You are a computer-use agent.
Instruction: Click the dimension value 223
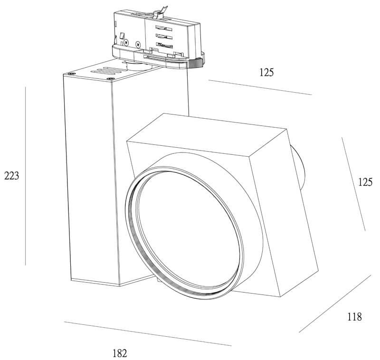point(11,176)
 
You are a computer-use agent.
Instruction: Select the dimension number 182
point(120,353)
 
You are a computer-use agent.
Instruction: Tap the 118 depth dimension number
point(354,317)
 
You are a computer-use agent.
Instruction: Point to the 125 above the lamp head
point(266,73)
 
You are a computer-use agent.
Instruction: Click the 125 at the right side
point(365,182)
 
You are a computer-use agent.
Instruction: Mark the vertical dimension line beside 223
point(25,176)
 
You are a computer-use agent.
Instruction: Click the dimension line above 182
point(148,334)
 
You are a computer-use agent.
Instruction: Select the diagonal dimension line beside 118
point(335,303)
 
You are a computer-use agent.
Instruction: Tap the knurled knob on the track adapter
point(196,64)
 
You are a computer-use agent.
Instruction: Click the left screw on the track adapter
point(126,43)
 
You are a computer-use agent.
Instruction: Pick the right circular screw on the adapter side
point(138,45)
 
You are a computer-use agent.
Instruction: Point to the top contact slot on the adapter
point(164,28)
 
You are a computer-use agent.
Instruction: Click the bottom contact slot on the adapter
point(164,45)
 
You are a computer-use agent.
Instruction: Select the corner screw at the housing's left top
point(71,74)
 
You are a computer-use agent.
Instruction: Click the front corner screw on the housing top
point(111,79)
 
